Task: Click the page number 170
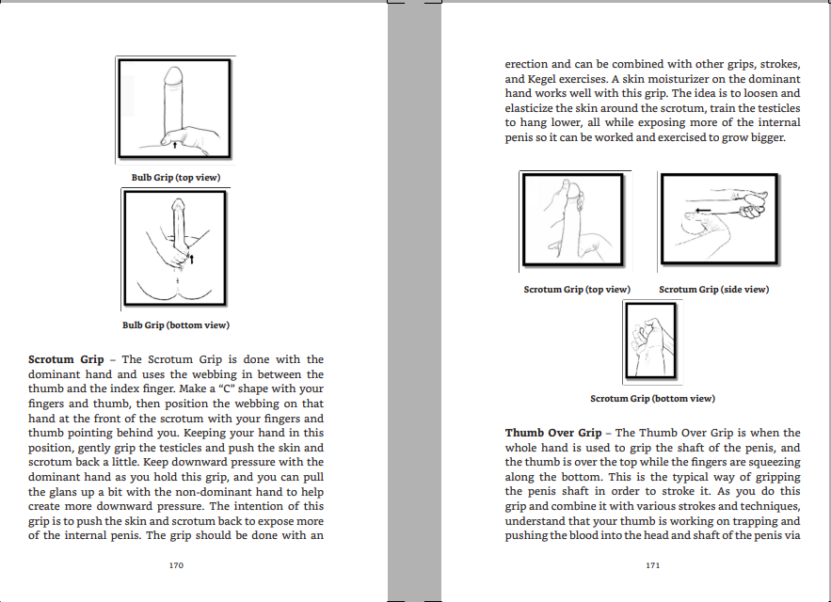(176, 565)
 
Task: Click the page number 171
(652, 565)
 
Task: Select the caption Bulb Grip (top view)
(176, 178)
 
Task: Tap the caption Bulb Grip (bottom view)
(176, 325)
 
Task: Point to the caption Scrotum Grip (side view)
(714, 290)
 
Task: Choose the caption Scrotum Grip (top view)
(577, 290)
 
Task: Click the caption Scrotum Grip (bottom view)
(652, 399)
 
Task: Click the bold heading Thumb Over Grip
(553, 433)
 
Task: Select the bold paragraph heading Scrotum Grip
(66, 359)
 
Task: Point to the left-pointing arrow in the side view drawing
(703, 211)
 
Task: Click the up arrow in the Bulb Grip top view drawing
(175, 144)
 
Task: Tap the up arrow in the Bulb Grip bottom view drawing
(192, 259)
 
